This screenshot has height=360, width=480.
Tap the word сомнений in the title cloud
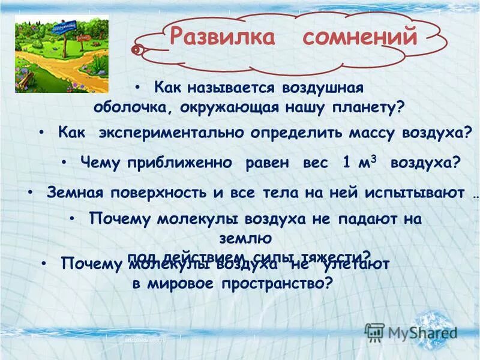(360, 37)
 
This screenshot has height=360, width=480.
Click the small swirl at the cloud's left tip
(137, 49)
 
